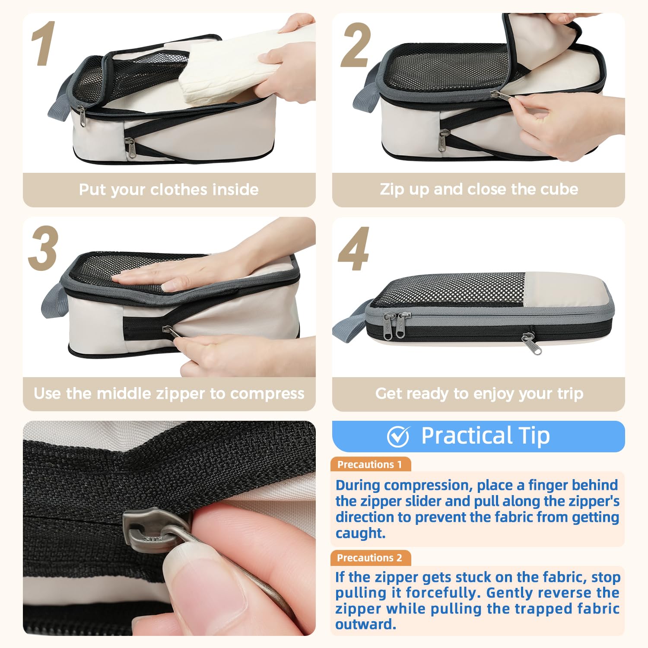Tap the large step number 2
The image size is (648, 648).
356,46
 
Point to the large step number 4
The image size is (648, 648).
354,249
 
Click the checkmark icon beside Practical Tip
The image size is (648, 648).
398,436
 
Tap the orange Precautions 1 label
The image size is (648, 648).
370,464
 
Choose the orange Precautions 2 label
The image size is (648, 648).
370,558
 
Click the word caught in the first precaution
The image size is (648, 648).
360,534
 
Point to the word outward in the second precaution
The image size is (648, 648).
365,625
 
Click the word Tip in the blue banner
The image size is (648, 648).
534,435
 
